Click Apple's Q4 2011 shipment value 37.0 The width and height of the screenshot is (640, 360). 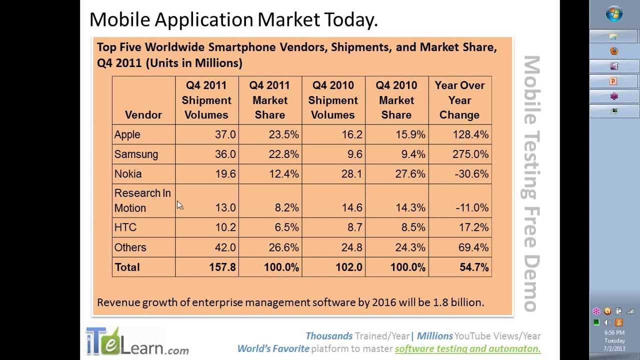[x=225, y=135]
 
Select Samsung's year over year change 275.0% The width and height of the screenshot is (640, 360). [x=470, y=154]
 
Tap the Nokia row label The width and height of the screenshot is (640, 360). [x=128, y=174]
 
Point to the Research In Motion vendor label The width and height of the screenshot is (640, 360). [x=142, y=200]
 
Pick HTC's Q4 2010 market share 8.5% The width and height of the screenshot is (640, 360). [x=413, y=227]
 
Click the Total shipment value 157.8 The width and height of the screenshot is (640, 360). [x=222, y=267]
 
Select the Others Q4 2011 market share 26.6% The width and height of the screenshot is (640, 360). [x=283, y=247]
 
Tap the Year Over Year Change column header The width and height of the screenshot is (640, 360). [x=459, y=100]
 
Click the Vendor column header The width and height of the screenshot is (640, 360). [x=143, y=115]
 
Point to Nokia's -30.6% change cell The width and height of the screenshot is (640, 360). [x=472, y=174]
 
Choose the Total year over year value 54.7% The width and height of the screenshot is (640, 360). [x=474, y=267]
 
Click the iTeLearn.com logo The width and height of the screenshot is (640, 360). [x=136, y=341]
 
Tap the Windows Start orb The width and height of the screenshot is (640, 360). [x=614, y=13]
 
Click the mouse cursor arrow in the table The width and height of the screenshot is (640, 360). [x=179, y=205]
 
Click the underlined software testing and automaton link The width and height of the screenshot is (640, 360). [x=467, y=349]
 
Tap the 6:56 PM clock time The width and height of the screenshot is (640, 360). [x=614, y=332]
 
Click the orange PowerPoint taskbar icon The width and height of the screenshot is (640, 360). [x=613, y=81]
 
